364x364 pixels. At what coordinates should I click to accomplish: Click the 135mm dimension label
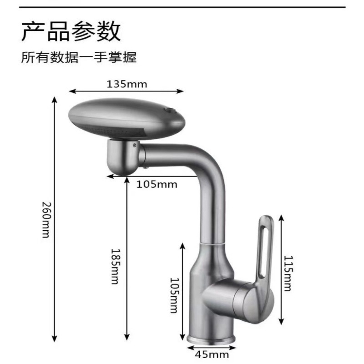(x=127, y=84)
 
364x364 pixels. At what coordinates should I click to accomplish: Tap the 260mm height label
(x=46, y=220)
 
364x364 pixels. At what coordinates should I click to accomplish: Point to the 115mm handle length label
(x=288, y=273)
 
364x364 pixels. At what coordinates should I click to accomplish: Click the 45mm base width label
(x=212, y=355)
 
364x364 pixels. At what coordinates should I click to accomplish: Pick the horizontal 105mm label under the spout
(x=157, y=185)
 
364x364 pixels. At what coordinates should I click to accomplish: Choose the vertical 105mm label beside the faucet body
(x=175, y=295)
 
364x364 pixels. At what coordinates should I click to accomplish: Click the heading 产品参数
(x=71, y=31)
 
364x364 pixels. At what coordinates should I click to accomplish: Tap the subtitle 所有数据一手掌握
(x=79, y=57)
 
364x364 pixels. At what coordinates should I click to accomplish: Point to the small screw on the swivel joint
(x=134, y=145)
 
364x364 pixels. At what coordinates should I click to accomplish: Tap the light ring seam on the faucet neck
(x=212, y=244)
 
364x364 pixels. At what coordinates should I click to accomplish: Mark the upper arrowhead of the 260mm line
(x=54, y=100)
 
